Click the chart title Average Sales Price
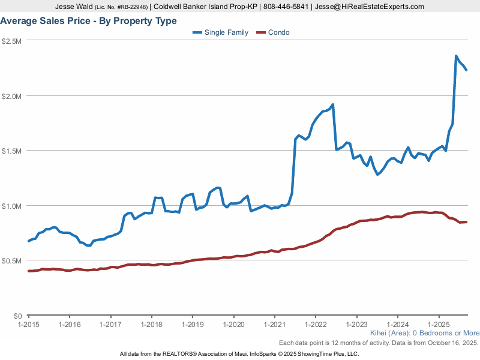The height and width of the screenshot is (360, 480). point(89,21)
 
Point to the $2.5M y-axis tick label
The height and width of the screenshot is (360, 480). point(12,41)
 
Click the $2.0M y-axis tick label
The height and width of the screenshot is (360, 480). point(12,96)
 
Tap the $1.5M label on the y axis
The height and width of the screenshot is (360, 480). point(12,151)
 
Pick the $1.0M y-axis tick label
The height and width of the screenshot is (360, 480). point(12,206)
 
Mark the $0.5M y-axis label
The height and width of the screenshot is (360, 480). point(12,261)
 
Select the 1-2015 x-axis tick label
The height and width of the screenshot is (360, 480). point(28,324)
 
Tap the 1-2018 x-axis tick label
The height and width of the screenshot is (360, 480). point(151,324)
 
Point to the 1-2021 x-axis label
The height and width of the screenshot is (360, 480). point(274,324)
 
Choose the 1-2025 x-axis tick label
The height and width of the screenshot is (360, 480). point(439,324)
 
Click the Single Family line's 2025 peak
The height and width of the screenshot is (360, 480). point(456,56)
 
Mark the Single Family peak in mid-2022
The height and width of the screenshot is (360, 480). point(332,104)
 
